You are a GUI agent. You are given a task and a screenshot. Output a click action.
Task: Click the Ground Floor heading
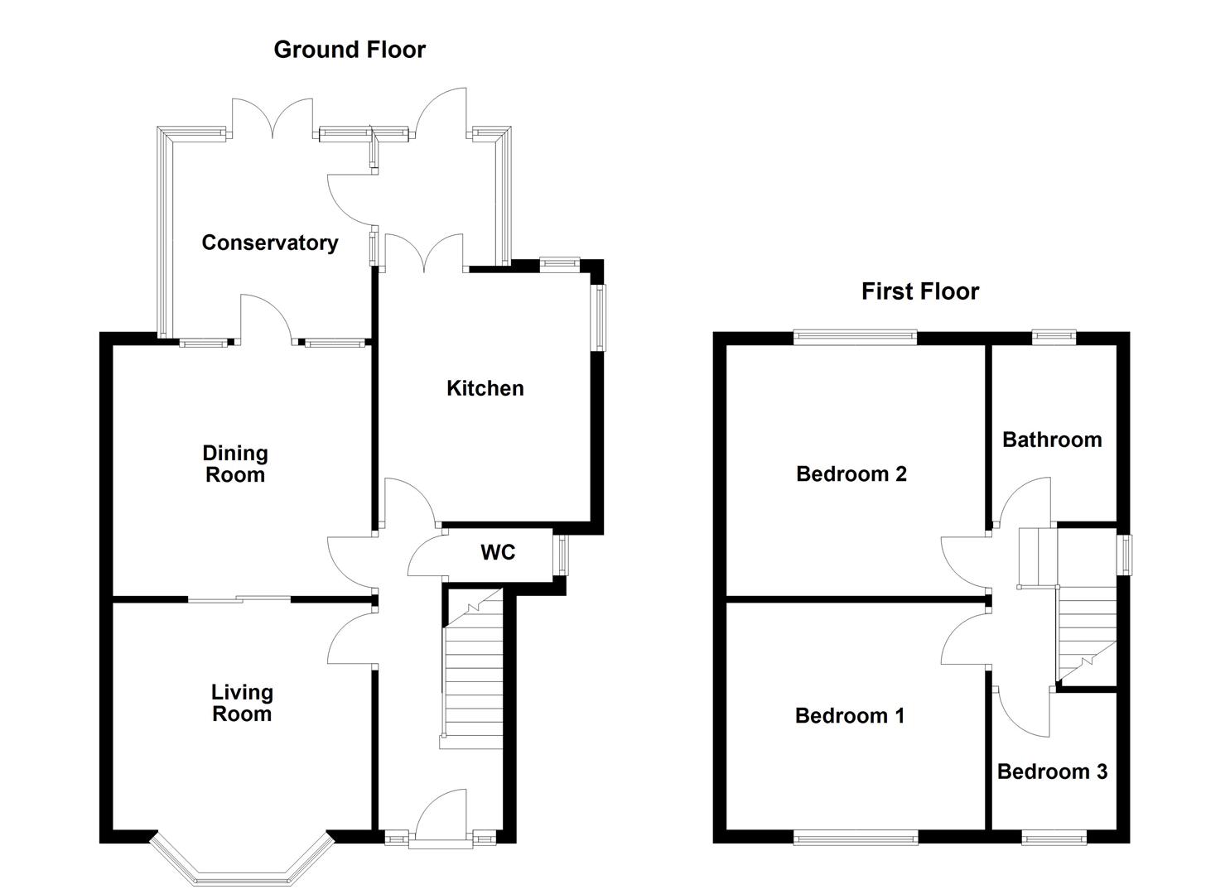click(350, 50)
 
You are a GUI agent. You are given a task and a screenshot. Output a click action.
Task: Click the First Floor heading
click(919, 291)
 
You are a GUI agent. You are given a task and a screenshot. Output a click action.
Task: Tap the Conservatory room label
click(270, 243)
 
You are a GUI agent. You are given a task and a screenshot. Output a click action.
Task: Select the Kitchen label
click(485, 388)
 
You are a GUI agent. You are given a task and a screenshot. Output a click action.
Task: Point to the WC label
click(498, 552)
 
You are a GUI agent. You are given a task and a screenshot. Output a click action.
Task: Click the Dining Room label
click(235, 464)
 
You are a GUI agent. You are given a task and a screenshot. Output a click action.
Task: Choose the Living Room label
click(242, 703)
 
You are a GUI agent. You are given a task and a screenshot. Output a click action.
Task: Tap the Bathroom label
click(1052, 440)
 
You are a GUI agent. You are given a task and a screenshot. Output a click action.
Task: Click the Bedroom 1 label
click(850, 715)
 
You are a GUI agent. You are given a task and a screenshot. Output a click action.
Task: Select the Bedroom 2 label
click(851, 473)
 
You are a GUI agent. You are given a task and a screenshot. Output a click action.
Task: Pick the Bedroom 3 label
click(1052, 771)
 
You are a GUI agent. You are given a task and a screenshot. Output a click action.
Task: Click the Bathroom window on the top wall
click(1054, 336)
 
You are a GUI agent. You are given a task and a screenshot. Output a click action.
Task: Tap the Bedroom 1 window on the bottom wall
click(856, 839)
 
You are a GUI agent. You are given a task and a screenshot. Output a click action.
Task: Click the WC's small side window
click(562, 555)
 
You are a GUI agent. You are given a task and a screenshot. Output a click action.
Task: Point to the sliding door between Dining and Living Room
click(239, 598)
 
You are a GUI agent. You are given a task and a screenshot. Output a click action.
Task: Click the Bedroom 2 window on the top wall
click(856, 336)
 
